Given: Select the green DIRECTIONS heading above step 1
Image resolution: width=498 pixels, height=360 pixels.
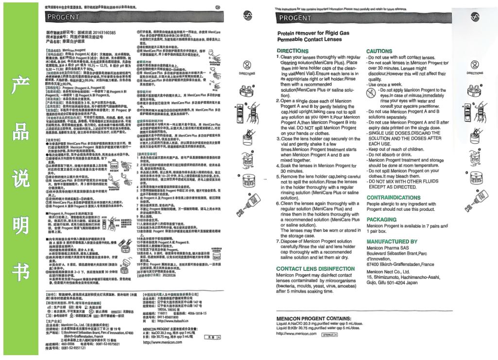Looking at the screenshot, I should (292, 51).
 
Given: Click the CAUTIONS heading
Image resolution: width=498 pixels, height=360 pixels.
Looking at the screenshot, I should (379, 51).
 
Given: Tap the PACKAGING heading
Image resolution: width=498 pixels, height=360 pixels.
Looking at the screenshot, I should (381, 220).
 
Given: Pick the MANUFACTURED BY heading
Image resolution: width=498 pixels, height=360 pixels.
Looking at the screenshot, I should (392, 241).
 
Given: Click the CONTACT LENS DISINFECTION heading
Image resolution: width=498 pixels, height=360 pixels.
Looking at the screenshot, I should (315, 269).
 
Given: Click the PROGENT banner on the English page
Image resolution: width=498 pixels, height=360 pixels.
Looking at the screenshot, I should (295, 18).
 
